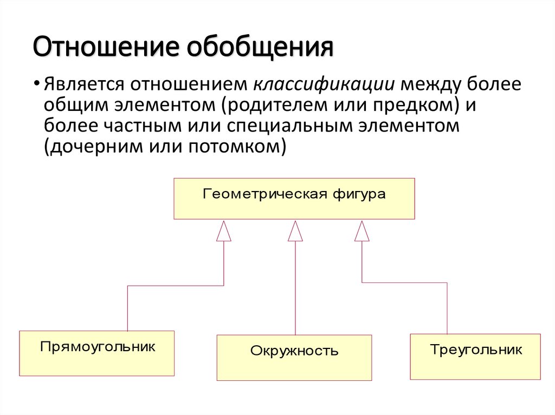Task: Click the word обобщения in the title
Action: (260, 48)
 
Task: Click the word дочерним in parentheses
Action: (92, 147)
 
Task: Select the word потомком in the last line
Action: (236, 147)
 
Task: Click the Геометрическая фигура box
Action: (294, 199)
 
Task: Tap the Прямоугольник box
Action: (97, 353)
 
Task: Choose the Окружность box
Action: (294, 358)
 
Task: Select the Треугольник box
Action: (476, 356)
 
